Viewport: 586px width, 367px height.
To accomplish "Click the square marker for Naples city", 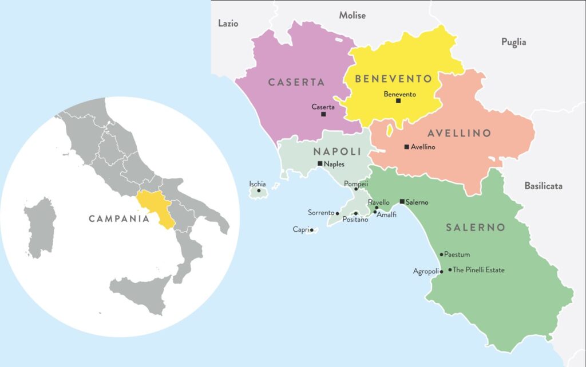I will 320,163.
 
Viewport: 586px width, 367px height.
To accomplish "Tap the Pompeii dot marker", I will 356,189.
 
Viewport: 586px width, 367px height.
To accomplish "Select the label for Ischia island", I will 257,183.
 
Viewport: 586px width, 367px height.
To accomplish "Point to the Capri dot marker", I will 311,231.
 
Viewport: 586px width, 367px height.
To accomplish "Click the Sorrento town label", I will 320,213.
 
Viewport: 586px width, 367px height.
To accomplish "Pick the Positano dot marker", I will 356,213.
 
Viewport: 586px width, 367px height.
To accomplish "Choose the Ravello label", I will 379,202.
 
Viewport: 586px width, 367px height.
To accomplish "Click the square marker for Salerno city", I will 402,201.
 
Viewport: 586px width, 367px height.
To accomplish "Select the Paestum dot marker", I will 441,255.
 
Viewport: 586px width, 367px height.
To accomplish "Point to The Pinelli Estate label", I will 479,270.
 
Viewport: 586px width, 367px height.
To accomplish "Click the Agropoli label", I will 426,271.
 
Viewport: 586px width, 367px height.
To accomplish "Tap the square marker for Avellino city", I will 406,147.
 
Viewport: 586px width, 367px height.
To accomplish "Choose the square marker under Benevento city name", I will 398,101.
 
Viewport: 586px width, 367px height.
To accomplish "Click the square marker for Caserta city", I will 323,114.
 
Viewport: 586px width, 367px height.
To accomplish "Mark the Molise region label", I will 352,15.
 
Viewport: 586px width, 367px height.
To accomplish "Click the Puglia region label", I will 513,42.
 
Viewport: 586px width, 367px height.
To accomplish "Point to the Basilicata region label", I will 543,186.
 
